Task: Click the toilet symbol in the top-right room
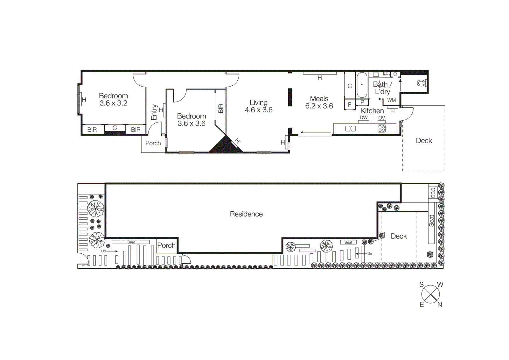pyautogui.click(x=422, y=83)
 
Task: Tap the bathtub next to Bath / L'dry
pyautogui.click(x=362, y=85)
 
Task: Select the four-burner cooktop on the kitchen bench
pyautogui.click(x=381, y=129)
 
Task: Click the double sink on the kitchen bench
pyautogui.click(x=350, y=129)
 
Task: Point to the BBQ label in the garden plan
pyautogui.click(x=433, y=193)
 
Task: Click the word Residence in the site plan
pyautogui.click(x=246, y=214)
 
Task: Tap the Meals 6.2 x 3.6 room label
pyautogui.click(x=319, y=102)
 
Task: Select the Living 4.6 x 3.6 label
pyautogui.click(x=259, y=106)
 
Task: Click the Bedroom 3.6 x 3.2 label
pyautogui.click(x=113, y=99)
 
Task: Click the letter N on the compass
pyautogui.click(x=440, y=305)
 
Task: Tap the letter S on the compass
pyautogui.click(x=422, y=285)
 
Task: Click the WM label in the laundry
pyautogui.click(x=392, y=100)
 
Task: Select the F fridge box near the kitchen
pyautogui.click(x=349, y=104)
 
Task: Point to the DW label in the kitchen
pyautogui.click(x=363, y=117)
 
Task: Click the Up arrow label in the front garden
pyautogui.click(x=104, y=251)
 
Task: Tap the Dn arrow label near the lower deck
pyautogui.click(x=369, y=254)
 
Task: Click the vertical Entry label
pyautogui.click(x=154, y=112)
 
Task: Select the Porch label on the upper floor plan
pyautogui.click(x=153, y=143)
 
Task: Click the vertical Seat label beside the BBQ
pyautogui.click(x=431, y=221)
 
